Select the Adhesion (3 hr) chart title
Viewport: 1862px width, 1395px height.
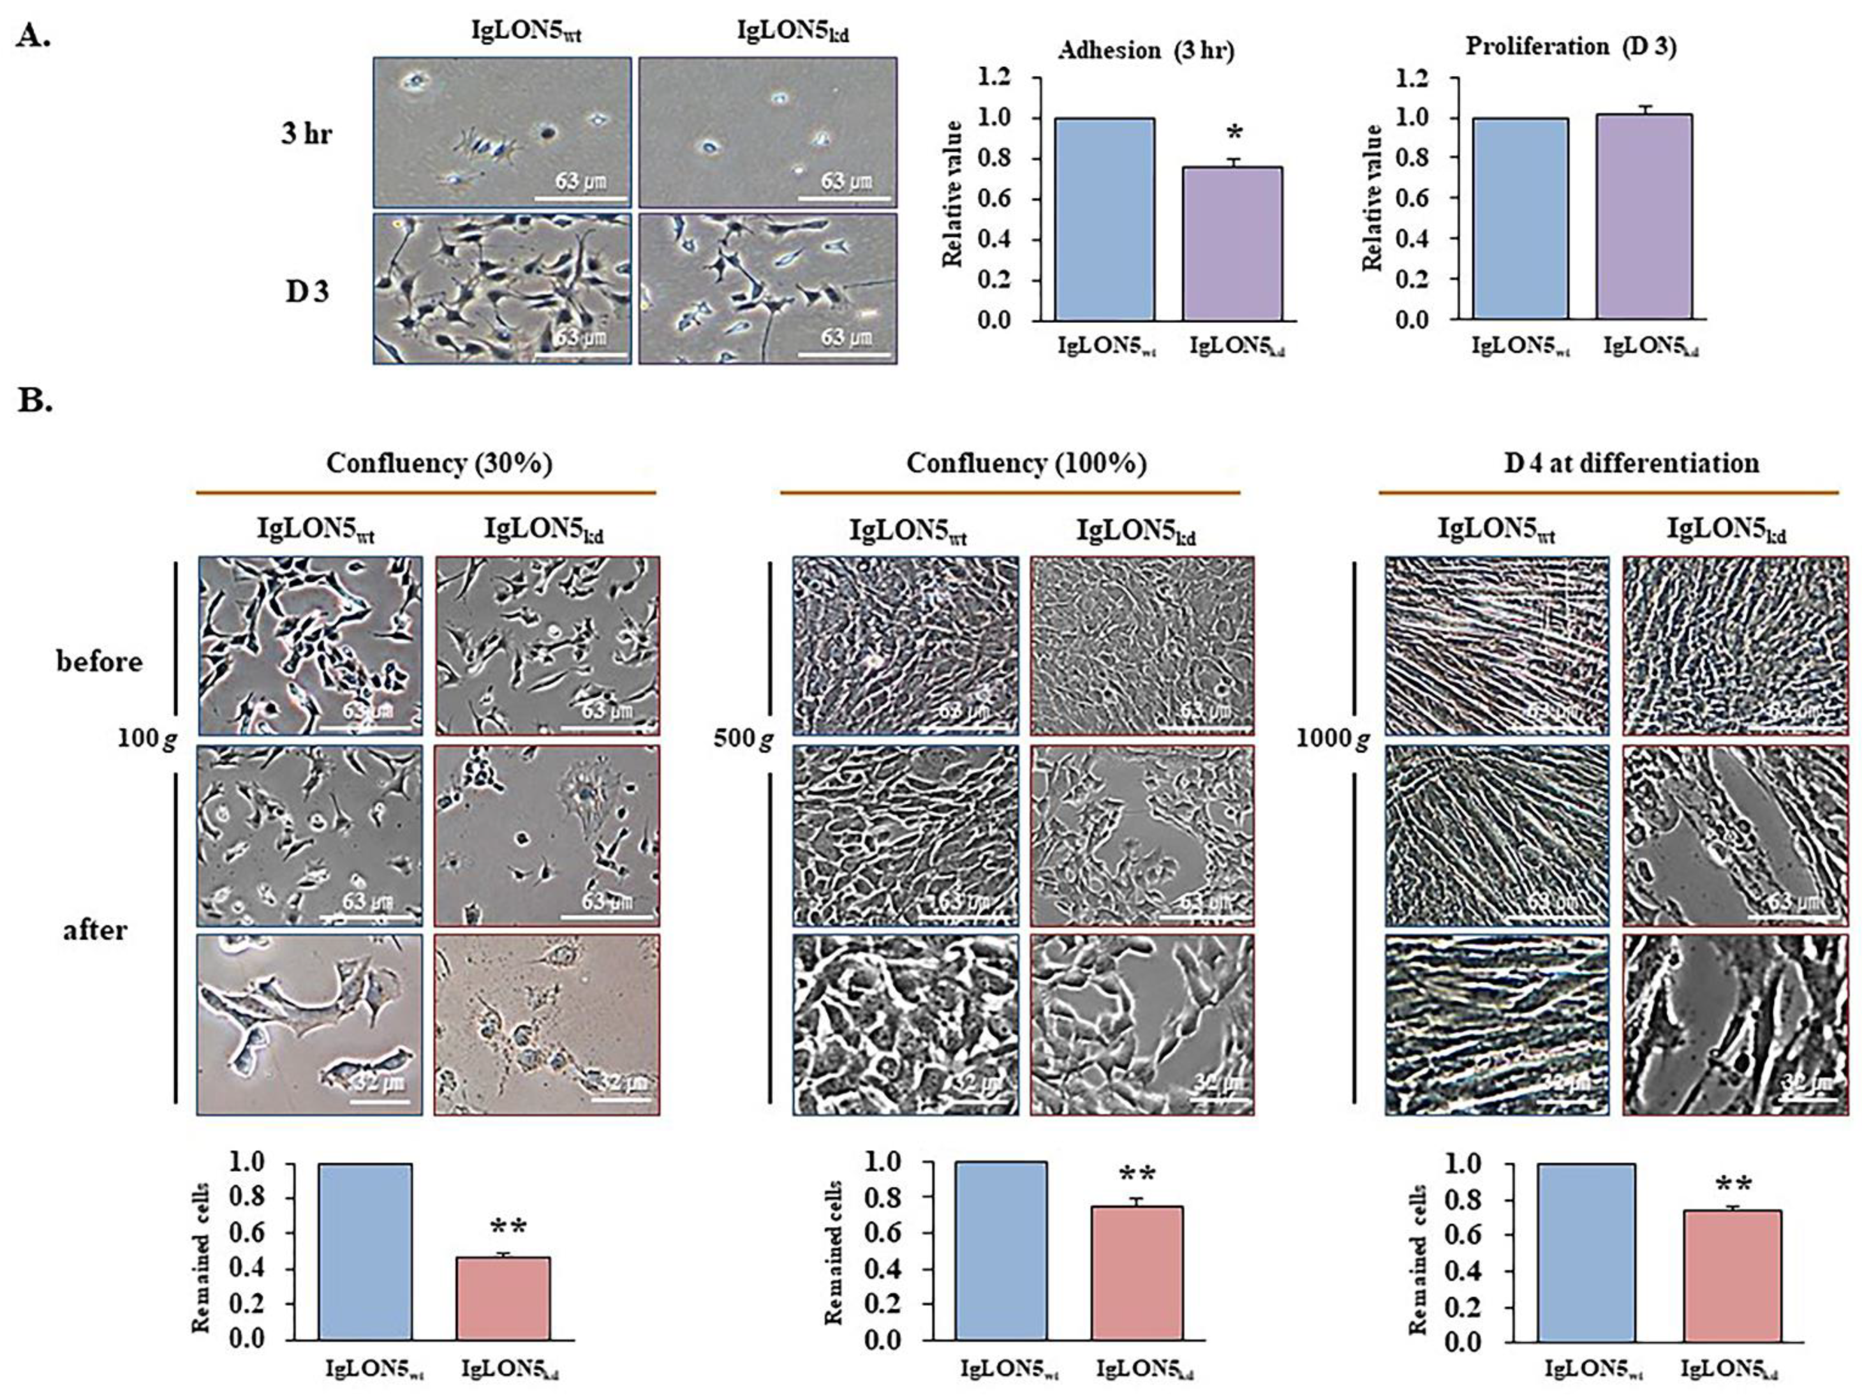pos(1146,51)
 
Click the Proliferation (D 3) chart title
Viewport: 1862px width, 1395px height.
pos(1570,47)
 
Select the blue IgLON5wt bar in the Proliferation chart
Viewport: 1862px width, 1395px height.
pos(1519,218)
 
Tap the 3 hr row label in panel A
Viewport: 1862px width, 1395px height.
pos(306,133)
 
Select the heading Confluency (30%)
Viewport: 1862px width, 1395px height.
pos(440,464)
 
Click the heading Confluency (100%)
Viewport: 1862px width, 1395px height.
pos(1026,464)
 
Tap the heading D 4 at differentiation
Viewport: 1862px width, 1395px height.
pos(1631,464)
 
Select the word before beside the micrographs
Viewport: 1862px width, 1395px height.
pos(100,662)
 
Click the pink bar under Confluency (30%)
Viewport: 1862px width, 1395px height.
pos(503,1297)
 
